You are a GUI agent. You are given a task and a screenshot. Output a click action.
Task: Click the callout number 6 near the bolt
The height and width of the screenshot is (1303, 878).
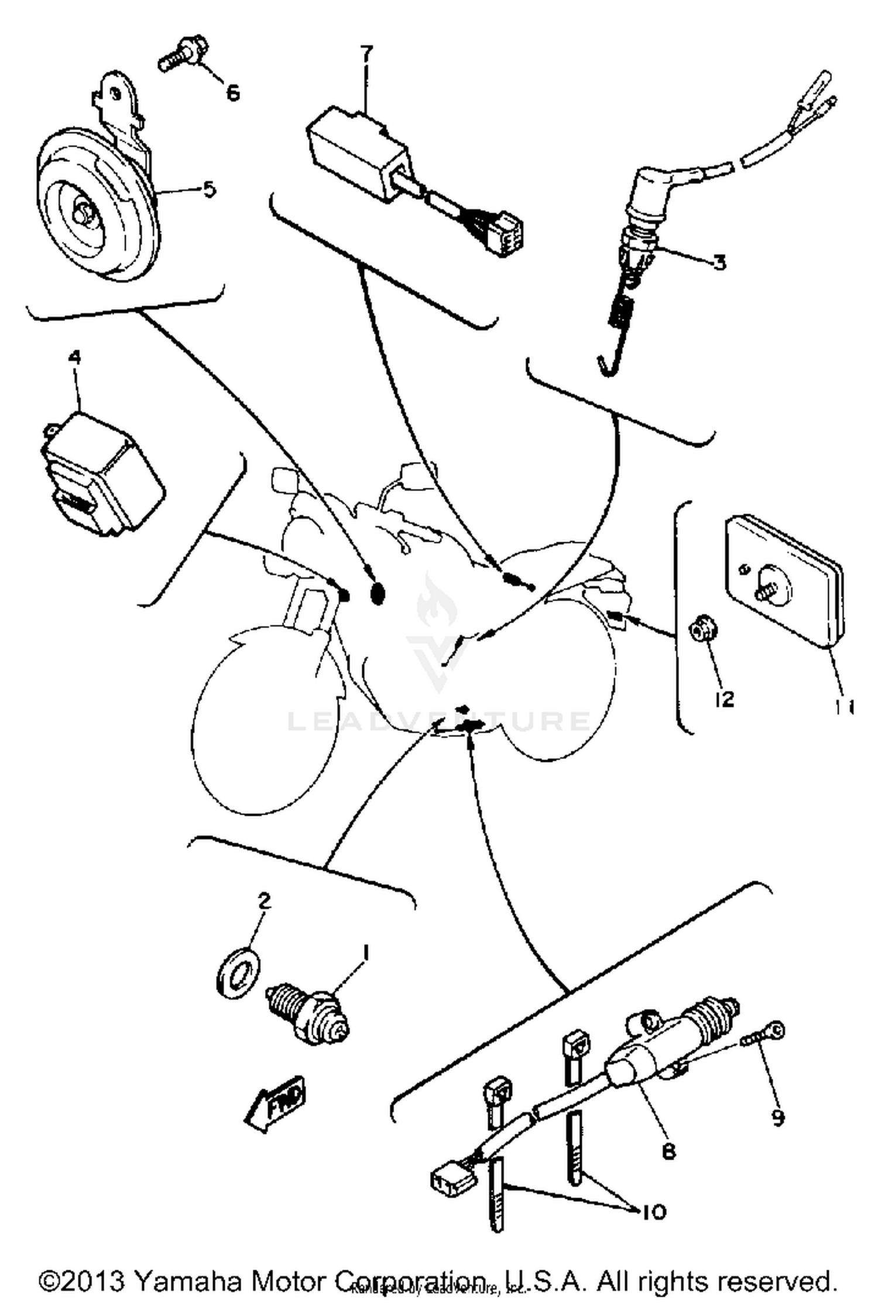pos(233,93)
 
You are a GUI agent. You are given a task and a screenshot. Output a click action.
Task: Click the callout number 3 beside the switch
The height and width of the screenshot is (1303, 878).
pos(719,261)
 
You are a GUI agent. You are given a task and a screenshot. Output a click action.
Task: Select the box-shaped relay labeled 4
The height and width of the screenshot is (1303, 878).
pos(101,473)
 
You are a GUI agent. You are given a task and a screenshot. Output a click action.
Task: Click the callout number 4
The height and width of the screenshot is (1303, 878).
pos(75,358)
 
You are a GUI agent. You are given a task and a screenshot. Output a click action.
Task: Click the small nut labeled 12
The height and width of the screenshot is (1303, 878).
pos(702,631)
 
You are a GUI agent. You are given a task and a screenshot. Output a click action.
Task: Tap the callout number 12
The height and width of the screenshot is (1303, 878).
pos(724,699)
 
